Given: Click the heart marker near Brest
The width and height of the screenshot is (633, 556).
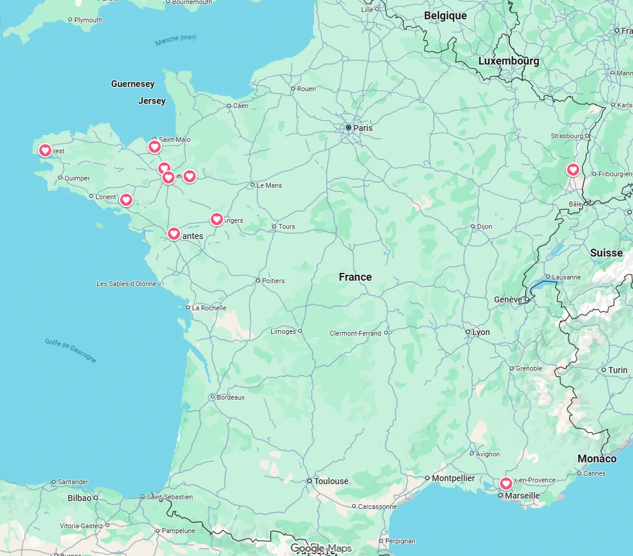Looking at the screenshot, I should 45,150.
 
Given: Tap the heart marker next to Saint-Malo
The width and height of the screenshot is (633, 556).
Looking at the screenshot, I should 154,146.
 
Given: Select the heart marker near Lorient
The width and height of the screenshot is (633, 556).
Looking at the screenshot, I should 126,199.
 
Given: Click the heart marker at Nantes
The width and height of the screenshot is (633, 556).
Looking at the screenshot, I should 174,233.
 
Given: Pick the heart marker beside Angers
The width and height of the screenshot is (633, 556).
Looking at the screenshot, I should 216,219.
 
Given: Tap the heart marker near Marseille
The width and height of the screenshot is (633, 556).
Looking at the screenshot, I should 506,483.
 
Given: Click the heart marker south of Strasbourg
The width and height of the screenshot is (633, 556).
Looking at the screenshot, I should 573,170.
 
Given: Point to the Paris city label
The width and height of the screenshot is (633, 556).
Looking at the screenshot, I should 363,128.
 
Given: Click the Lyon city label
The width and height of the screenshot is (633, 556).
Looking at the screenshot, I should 481,332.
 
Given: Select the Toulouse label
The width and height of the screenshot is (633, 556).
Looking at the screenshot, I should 331,481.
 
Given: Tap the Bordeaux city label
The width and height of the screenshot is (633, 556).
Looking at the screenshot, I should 231,397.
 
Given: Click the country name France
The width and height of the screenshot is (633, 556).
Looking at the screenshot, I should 355,277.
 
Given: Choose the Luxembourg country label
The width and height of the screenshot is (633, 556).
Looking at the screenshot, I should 509,61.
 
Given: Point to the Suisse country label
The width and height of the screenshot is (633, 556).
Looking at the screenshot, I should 606,253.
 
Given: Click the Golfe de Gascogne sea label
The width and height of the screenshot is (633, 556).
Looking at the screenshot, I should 70,350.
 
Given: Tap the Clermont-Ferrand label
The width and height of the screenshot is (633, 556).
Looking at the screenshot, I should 355,333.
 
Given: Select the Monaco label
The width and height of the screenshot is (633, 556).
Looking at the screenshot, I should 597,459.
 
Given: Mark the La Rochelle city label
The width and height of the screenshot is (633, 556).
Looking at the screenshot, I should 209,308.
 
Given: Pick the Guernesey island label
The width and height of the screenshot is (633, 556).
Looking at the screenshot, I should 133,84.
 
